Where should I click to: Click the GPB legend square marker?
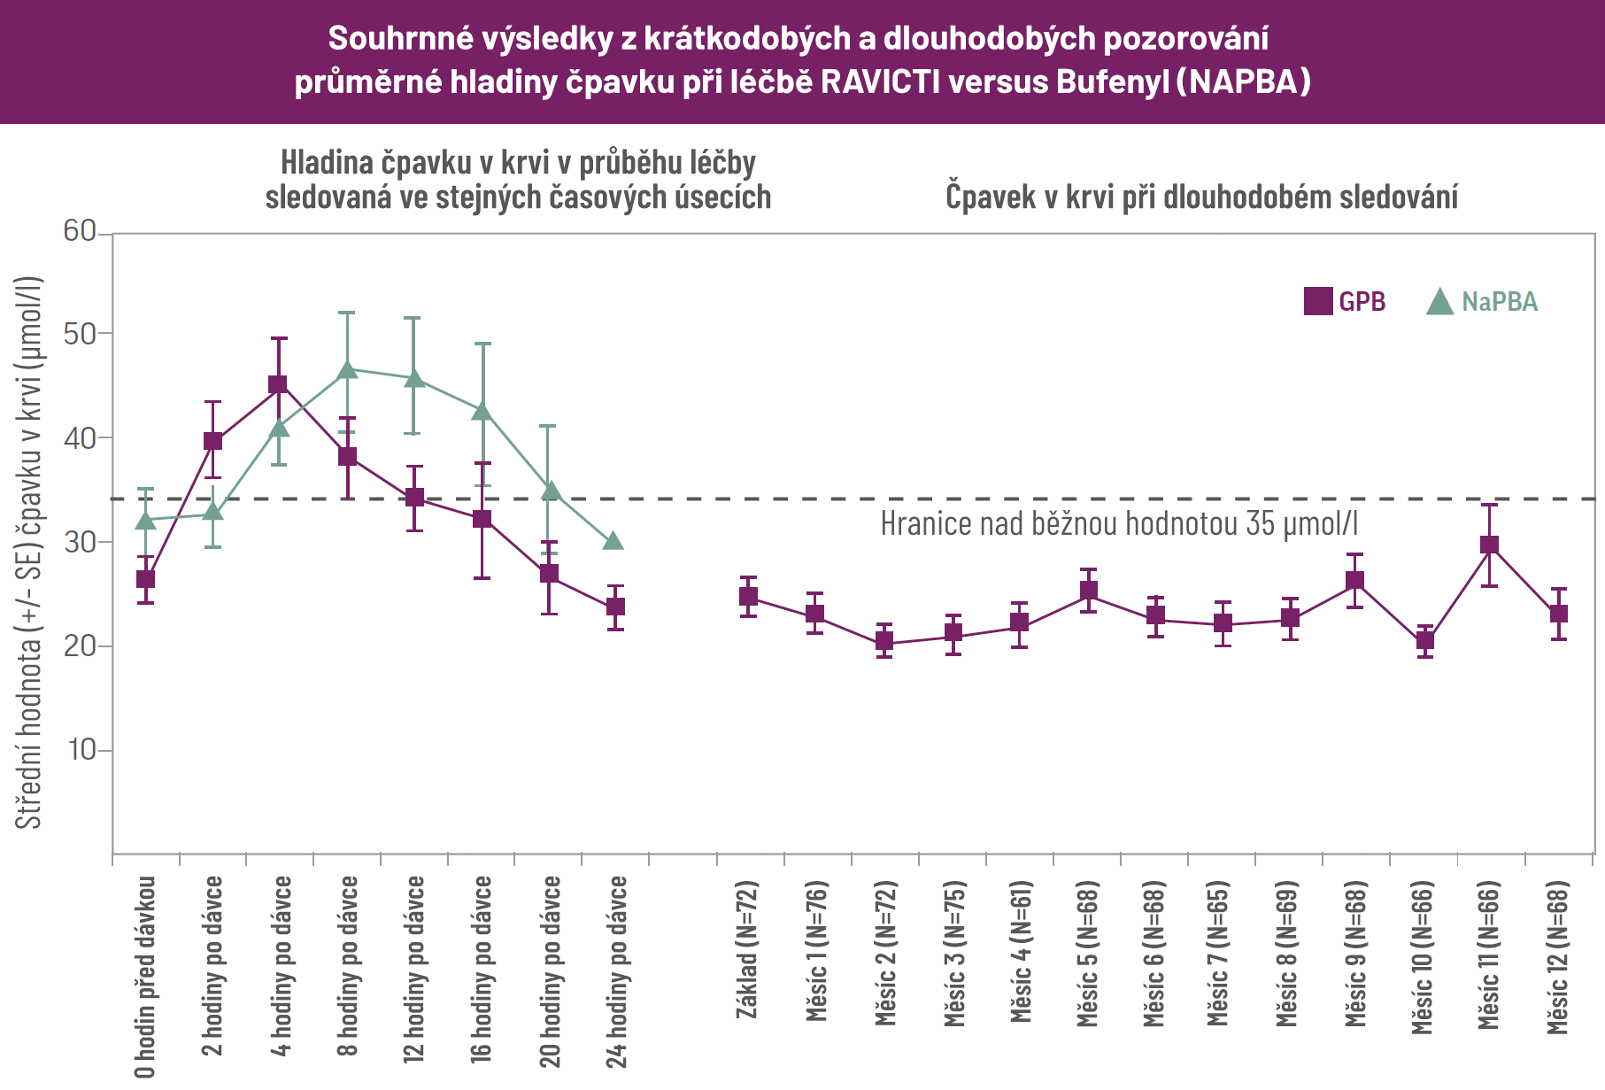click(x=1318, y=302)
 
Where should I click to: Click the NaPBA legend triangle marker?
click(x=1440, y=303)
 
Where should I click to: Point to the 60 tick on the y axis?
click(x=80, y=232)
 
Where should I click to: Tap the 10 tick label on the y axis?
click(x=81, y=750)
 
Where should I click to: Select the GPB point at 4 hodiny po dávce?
click(x=279, y=385)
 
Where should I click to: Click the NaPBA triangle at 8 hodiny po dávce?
click(x=347, y=368)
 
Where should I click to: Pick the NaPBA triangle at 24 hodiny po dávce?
click(x=613, y=540)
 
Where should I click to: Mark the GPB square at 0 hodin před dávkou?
click(x=145, y=579)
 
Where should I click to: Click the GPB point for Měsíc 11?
click(x=1490, y=545)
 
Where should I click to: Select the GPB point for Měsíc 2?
click(x=884, y=643)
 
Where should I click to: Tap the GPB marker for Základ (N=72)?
click(x=748, y=597)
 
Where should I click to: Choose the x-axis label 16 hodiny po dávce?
click(x=482, y=970)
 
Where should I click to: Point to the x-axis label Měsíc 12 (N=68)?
click(x=1557, y=957)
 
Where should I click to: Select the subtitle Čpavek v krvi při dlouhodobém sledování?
click(x=1201, y=197)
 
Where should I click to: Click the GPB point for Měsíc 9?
click(x=1354, y=582)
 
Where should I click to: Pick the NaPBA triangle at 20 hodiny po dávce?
click(x=550, y=491)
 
